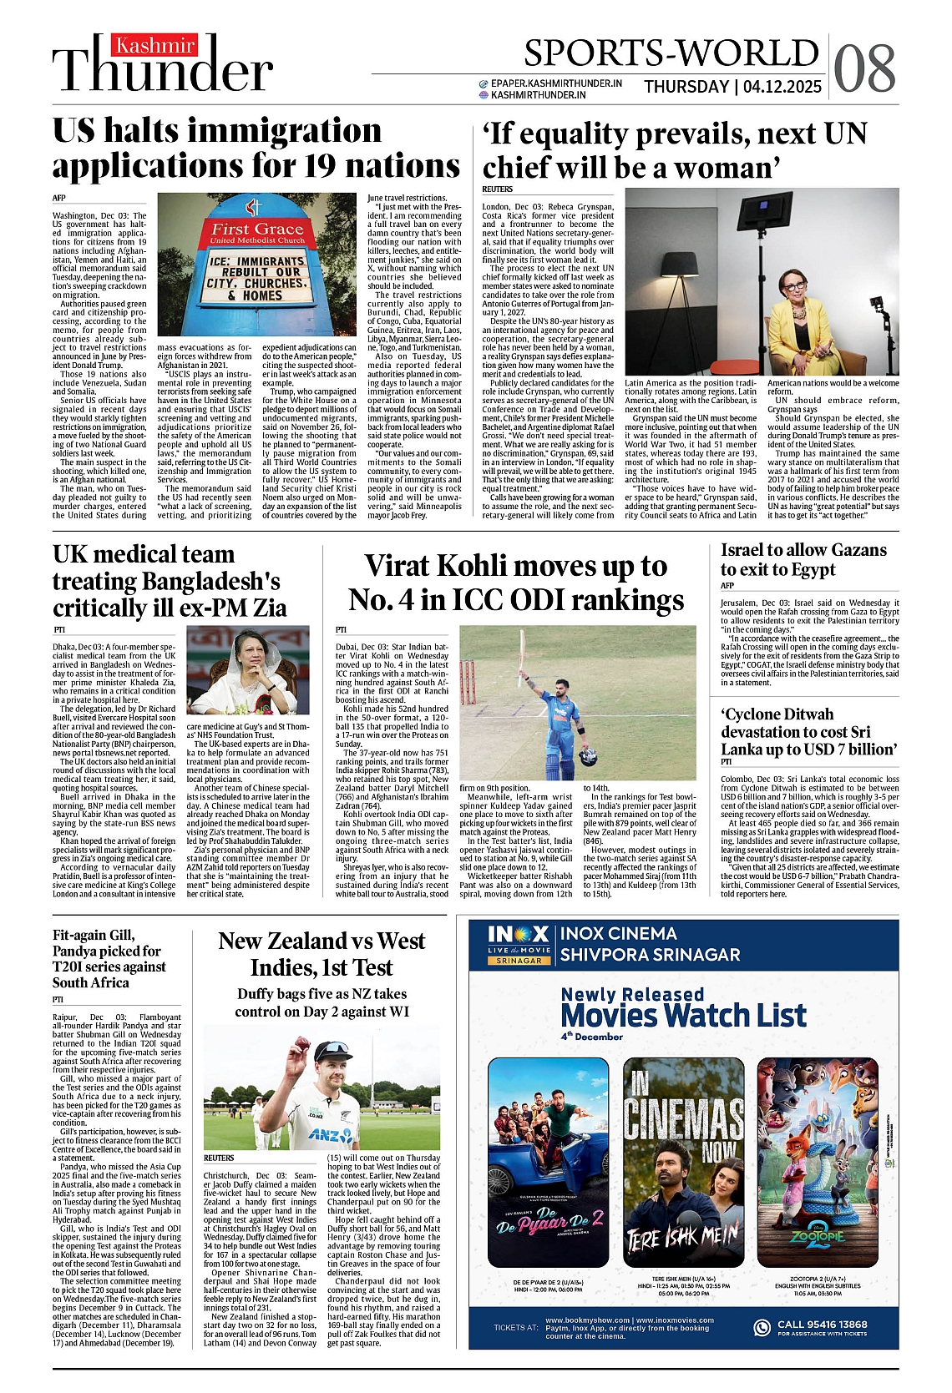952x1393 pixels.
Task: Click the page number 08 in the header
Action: [864, 68]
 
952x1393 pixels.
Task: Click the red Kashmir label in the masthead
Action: [154, 46]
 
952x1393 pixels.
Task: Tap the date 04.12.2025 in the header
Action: [782, 87]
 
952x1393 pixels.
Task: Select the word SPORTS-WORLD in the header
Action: [671, 53]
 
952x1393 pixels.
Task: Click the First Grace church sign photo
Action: [257, 264]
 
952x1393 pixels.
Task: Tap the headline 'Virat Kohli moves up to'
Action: [515, 566]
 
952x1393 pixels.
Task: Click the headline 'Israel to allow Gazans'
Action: [803, 550]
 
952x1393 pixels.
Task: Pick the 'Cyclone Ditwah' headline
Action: [777, 714]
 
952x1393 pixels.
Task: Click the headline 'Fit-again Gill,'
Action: [94, 935]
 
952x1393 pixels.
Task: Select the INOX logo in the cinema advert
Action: [519, 935]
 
